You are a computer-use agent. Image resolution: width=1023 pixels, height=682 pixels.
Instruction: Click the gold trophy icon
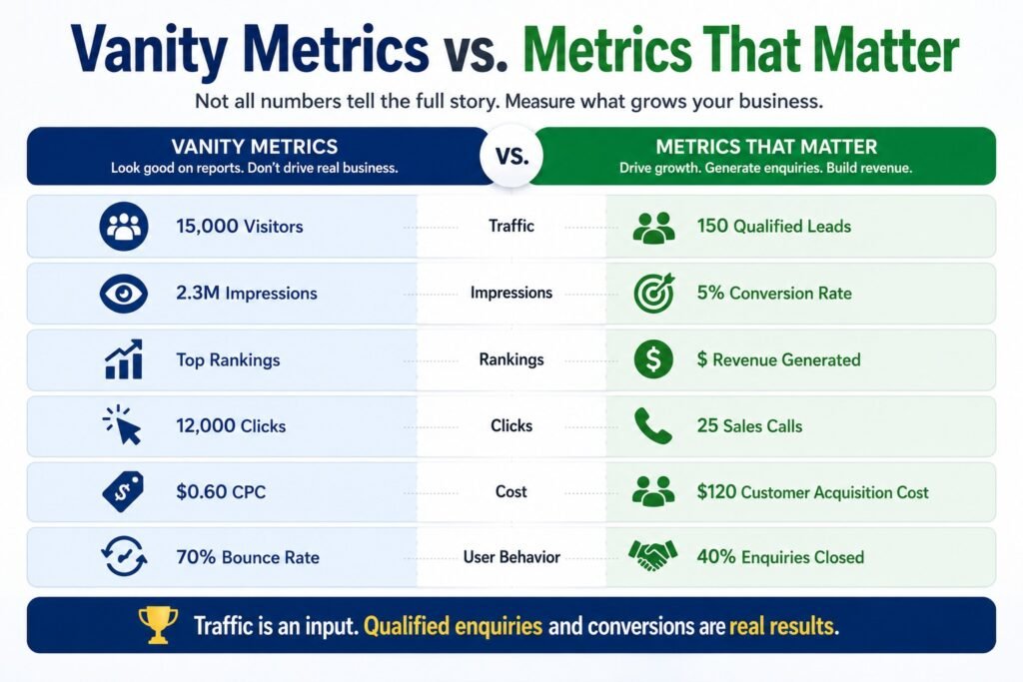158,625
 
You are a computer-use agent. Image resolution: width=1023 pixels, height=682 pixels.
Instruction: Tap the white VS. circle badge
511,156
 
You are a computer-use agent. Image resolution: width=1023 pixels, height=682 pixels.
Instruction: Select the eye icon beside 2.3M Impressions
123,294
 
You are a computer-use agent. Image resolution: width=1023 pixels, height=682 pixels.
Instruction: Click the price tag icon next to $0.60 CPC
123,491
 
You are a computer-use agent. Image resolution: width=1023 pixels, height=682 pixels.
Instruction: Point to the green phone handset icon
653,425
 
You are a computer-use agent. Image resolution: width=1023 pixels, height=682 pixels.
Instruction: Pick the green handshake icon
652,556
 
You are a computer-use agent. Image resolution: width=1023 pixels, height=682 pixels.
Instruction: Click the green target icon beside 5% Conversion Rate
653,293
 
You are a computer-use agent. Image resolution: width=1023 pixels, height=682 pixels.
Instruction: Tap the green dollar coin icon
653,359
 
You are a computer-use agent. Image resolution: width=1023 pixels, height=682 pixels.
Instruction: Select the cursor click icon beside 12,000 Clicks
123,425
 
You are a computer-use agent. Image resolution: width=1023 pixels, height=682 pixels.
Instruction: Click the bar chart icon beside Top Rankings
123,359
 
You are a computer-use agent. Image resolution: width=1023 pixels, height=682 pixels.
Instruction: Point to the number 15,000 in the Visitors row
207,226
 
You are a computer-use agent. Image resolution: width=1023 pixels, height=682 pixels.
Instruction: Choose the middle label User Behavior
511,557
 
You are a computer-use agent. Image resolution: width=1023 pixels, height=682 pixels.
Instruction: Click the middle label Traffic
511,226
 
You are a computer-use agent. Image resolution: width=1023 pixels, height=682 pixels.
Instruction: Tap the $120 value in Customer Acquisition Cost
716,491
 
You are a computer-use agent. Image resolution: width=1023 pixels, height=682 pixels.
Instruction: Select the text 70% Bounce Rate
248,557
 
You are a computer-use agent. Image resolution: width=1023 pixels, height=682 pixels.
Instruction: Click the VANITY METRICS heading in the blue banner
255,146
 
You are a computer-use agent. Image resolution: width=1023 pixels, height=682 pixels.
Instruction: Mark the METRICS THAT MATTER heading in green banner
766,146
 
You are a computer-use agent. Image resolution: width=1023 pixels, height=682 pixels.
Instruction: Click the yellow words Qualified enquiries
453,626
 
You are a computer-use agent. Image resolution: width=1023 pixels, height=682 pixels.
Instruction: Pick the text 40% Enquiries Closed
780,557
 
